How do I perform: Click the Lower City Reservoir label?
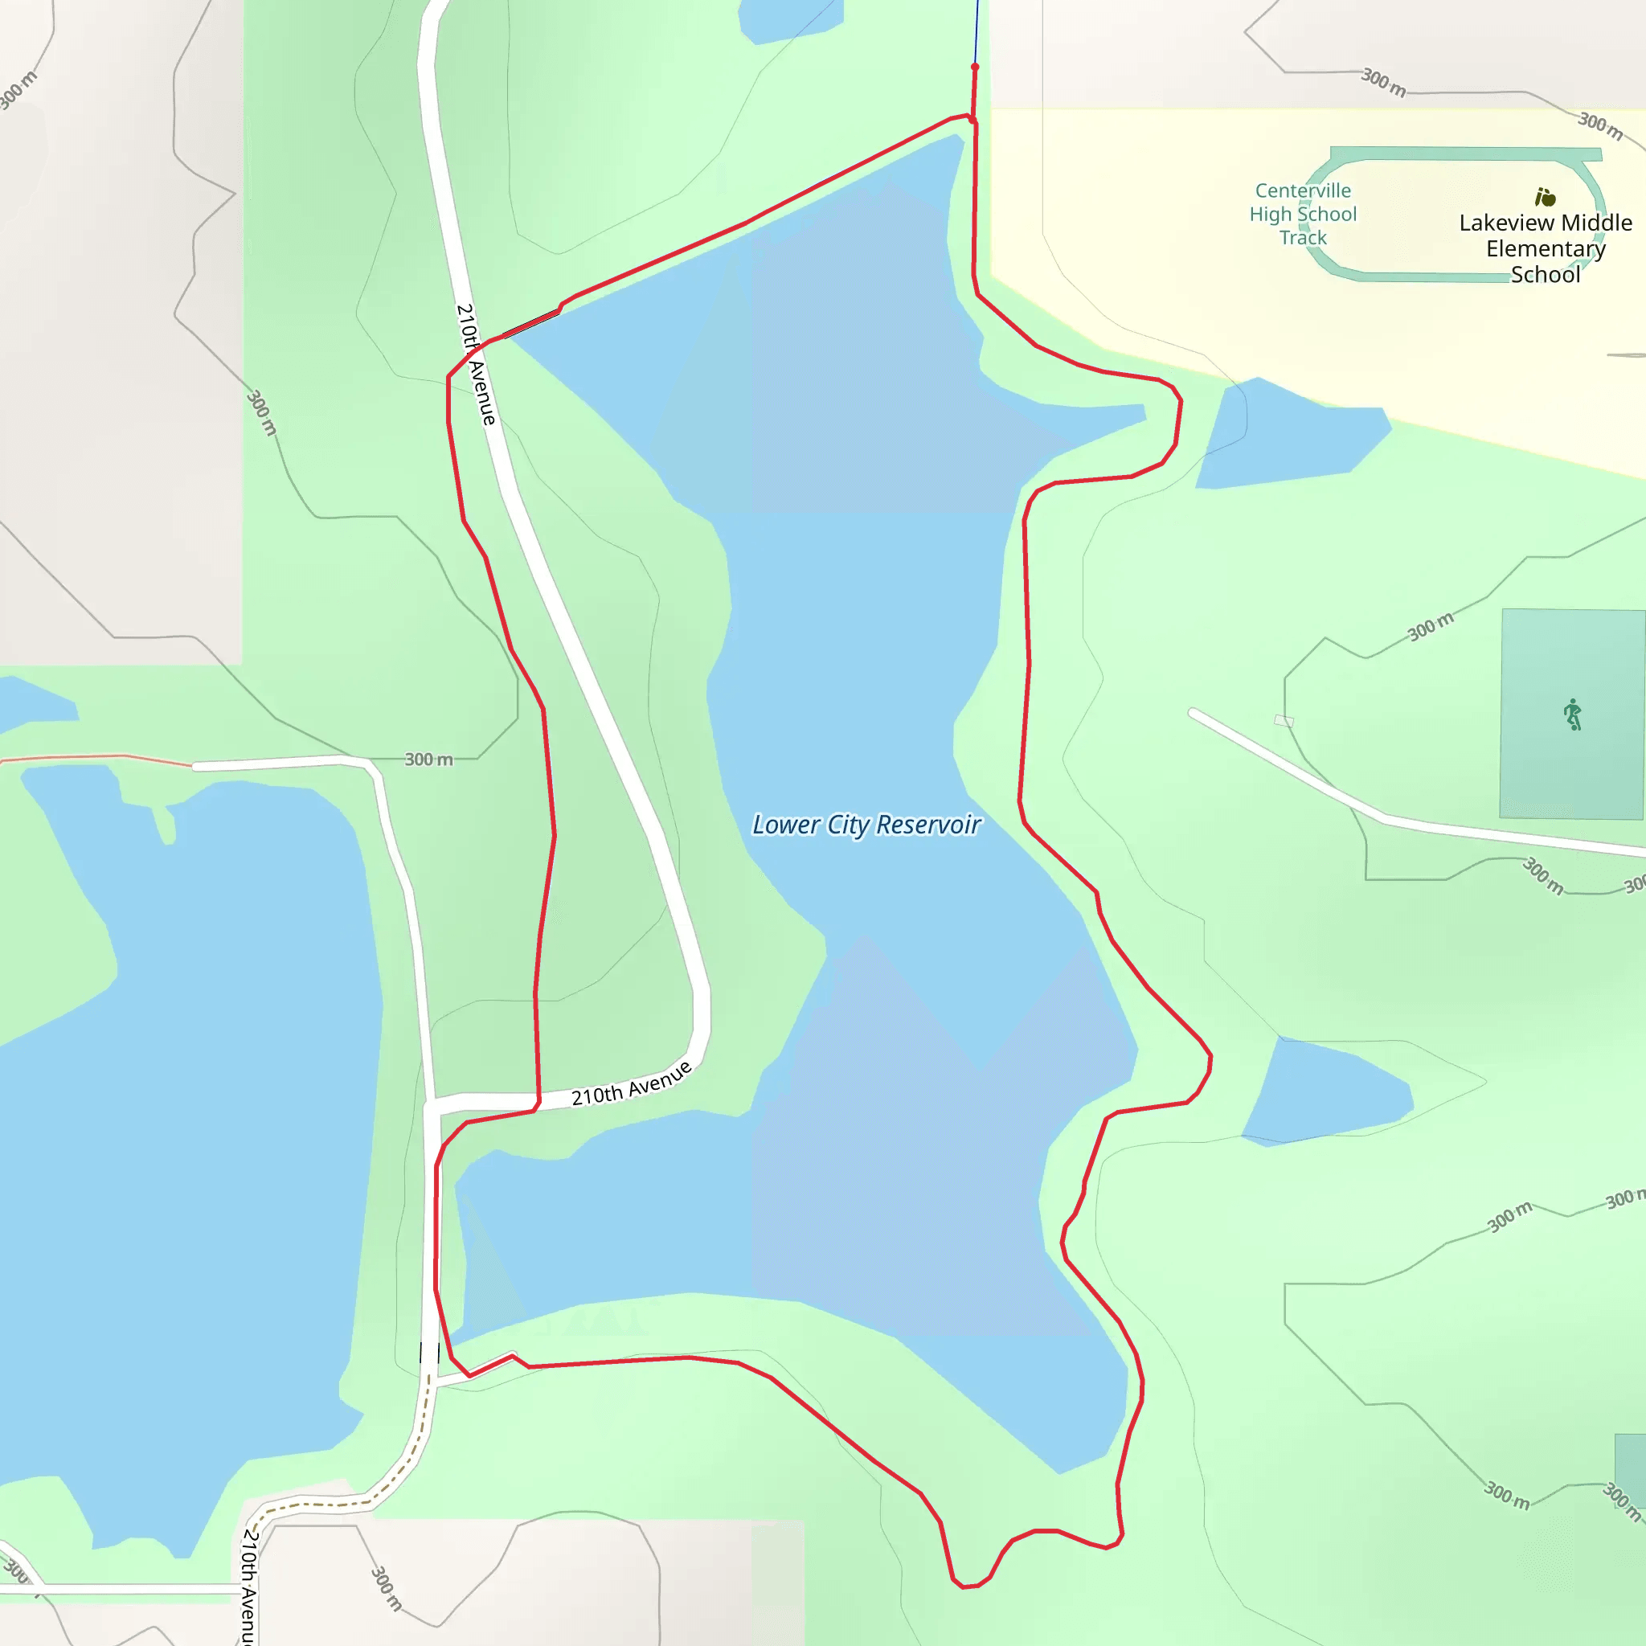point(866,825)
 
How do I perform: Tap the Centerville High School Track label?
point(1303,214)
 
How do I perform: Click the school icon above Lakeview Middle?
point(1545,198)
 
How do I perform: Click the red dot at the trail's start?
point(975,67)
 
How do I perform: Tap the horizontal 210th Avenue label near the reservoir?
point(630,1083)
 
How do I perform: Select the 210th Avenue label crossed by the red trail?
point(477,364)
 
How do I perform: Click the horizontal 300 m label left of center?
point(428,759)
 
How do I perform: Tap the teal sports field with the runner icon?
point(1572,767)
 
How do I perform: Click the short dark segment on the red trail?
point(531,324)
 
